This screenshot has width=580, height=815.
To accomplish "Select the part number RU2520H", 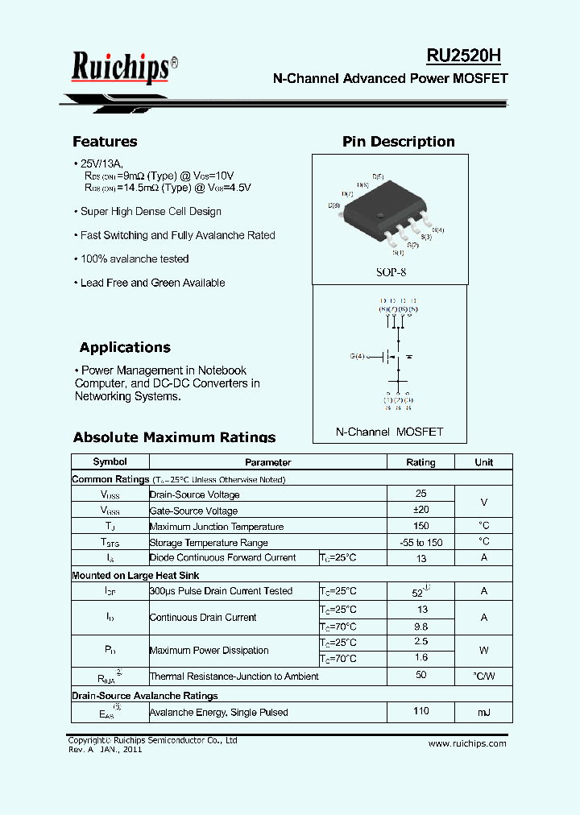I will pos(464,56).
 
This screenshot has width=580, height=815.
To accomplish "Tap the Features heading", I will pos(105,142).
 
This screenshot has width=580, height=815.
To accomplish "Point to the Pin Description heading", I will pos(398,142).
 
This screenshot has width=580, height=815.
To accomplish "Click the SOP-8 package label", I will pos(391,272).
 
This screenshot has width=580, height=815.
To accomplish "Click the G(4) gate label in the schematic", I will pos(357,356).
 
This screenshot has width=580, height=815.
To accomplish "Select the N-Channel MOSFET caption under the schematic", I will pos(389,432).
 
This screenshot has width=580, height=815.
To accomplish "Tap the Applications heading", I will pos(125,348).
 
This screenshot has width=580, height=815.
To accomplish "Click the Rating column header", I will pos(420,462).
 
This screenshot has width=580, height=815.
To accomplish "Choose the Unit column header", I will pos(483,462).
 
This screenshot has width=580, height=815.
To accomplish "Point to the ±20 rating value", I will pos(420,510).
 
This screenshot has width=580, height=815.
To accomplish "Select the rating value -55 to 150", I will pos(420,543).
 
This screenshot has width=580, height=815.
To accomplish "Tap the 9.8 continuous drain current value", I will pos(420,627).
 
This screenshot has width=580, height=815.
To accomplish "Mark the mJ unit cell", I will pos(483,712).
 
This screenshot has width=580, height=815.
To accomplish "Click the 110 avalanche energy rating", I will pos(420,711).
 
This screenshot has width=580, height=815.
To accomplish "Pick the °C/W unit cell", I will pos(483,676).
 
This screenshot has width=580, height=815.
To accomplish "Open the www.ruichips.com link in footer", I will pos(467,743).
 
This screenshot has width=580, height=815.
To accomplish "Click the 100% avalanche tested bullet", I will pos(134,259).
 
